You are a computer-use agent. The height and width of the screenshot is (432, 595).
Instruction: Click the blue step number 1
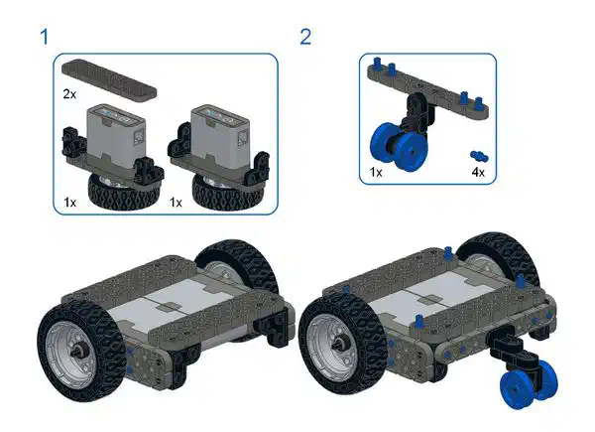tap(45, 37)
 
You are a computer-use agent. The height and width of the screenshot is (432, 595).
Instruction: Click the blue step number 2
tap(305, 37)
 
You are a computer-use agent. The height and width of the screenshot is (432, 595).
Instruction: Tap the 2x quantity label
tap(69, 93)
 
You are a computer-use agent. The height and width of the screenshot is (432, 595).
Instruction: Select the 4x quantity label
tap(478, 172)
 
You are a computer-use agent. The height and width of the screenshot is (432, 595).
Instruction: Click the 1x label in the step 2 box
tap(376, 172)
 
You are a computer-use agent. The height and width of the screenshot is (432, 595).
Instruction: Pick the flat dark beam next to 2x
tap(109, 79)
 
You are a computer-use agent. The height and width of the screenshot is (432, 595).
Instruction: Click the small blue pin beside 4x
tap(479, 156)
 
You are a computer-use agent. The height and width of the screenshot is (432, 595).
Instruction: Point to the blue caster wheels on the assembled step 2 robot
tap(531, 383)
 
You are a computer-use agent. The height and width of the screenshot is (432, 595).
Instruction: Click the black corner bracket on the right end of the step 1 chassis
tap(275, 328)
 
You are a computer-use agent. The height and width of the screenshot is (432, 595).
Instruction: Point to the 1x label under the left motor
tap(69, 203)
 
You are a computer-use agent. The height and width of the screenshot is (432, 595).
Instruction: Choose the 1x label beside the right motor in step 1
tap(176, 203)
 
